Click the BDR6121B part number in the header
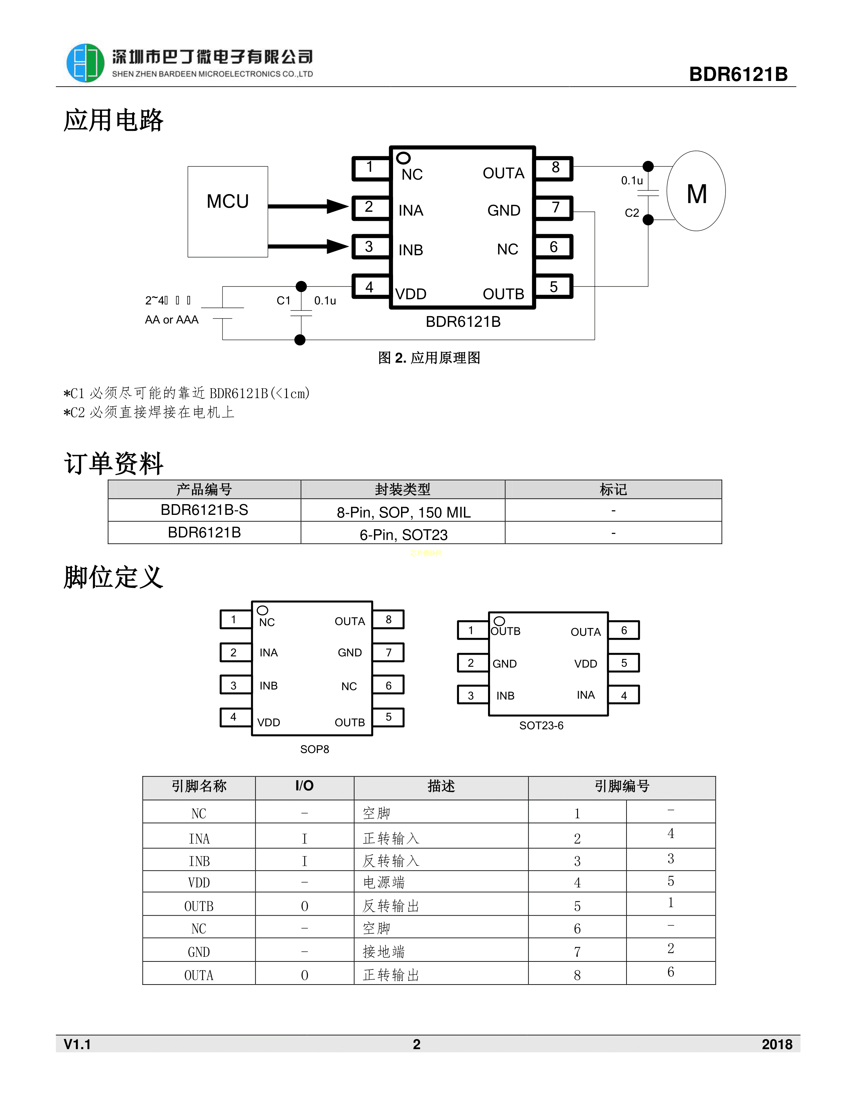pos(738,74)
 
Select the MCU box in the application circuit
pos(227,211)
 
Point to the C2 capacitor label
pos(632,213)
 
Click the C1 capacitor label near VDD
pos(283,301)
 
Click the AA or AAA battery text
pos(172,319)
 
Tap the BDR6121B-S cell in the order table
pos(204,510)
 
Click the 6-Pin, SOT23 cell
pos(403,534)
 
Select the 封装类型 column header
pos(403,489)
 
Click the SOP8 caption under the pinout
pos(314,749)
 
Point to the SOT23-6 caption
pos(541,725)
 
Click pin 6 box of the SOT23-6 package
pos(624,630)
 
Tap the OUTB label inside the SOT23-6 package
pos(506,631)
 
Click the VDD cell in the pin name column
pos(199,883)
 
